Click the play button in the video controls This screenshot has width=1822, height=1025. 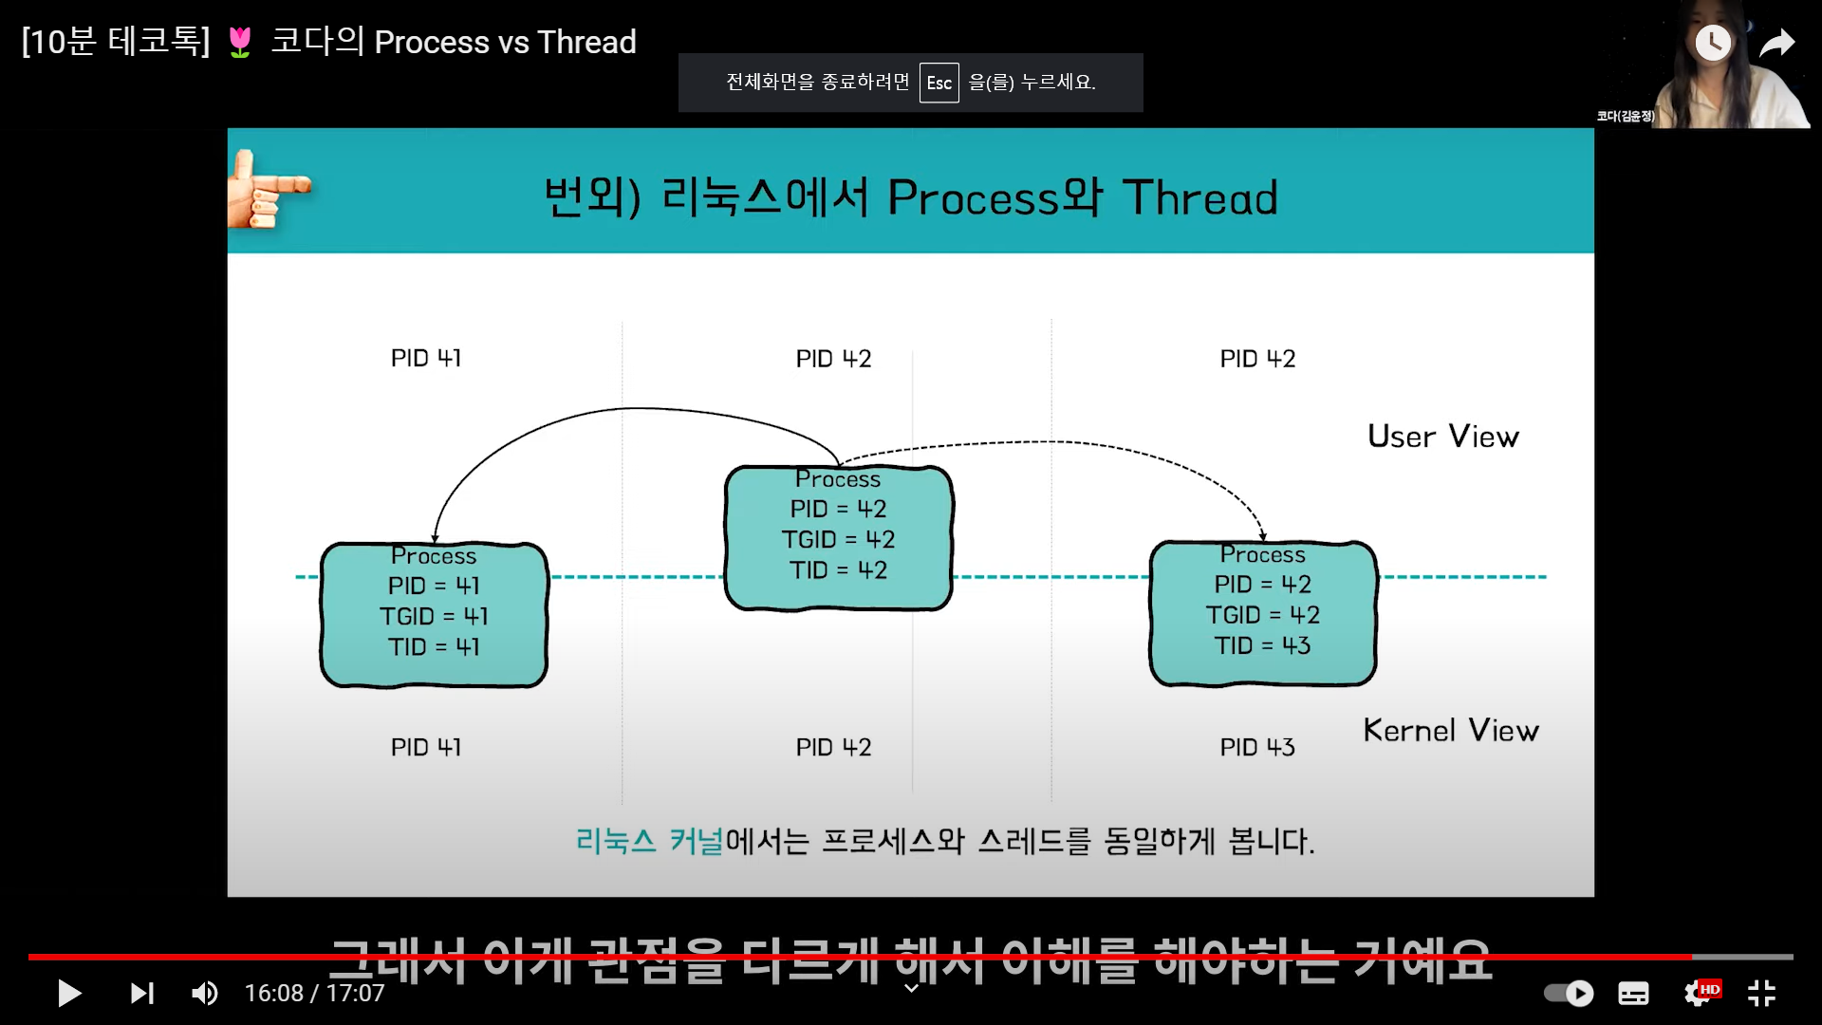pos(69,994)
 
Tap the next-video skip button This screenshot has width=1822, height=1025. pos(142,994)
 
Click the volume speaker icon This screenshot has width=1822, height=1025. pos(205,994)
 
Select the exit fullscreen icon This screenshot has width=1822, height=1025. pos(1761,994)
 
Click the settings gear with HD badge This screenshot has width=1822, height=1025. pos(1699,994)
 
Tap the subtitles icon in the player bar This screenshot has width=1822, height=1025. pos(1633,994)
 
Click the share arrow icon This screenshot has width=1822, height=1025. pos(1776,43)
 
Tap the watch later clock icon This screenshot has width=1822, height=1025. pos(1713,43)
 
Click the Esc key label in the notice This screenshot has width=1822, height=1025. pos(939,83)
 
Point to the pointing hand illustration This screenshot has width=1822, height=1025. pos(267,190)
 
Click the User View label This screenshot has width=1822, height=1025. pos(1442,437)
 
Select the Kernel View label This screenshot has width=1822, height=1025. pos(1450,731)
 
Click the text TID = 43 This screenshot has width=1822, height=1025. pos(1262,646)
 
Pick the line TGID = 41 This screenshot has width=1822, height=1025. pos(434,617)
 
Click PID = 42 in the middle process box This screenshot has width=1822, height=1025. pos(838,510)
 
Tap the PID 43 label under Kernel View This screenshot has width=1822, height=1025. pos(1256,748)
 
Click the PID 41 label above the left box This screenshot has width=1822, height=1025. pos(426,359)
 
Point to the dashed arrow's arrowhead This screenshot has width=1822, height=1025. pos(1262,535)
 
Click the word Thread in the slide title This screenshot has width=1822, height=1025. pos(1200,198)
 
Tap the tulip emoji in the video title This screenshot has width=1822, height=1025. pos(240,43)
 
